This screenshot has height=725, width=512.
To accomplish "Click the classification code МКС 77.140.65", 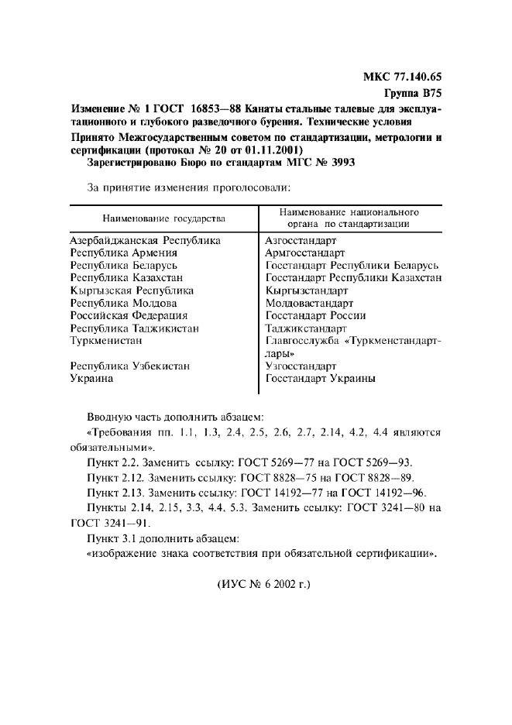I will (x=401, y=77).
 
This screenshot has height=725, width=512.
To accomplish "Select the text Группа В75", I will (x=412, y=93).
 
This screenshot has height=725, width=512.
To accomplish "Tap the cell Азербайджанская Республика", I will (x=145, y=241).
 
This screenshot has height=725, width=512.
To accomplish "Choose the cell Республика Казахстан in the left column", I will (x=126, y=278).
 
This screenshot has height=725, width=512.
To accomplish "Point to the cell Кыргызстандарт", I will (x=307, y=290).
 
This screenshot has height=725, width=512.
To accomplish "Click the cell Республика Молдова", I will (x=123, y=303).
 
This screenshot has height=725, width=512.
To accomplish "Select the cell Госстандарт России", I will (x=315, y=315).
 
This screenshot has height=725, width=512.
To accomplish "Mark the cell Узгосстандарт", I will (x=301, y=366).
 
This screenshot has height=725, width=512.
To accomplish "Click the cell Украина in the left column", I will (x=91, y=378).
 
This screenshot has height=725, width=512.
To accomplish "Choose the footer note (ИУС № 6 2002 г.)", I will (x=263, y=583).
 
